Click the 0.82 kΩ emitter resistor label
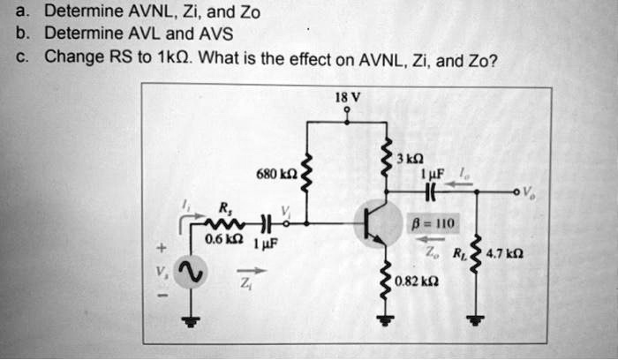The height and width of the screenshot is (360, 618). click(415, 281)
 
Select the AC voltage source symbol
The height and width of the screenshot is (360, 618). click(191, 273)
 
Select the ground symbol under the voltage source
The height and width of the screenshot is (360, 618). click(191, 320)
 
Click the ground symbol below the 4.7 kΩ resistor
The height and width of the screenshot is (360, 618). click(477, 320)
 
